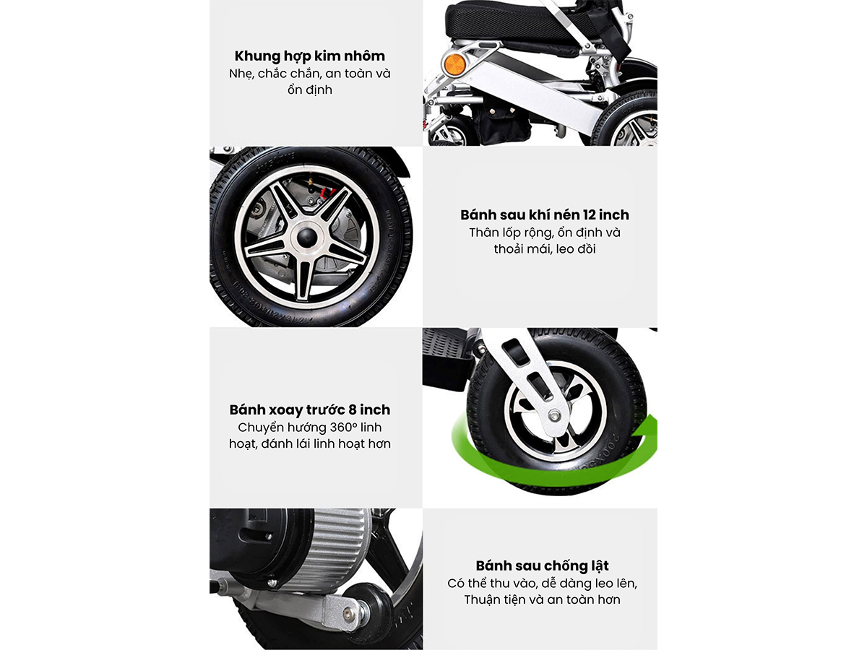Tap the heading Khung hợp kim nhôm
(310, 56)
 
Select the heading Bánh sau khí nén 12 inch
(545, 214)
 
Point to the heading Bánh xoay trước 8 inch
(310, 409)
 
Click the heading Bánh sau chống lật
(542, 565)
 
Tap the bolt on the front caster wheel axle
(556, 415)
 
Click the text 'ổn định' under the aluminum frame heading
(310, 90)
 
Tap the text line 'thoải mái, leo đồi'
(545, 249)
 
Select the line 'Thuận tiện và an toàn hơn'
(542, 599)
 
